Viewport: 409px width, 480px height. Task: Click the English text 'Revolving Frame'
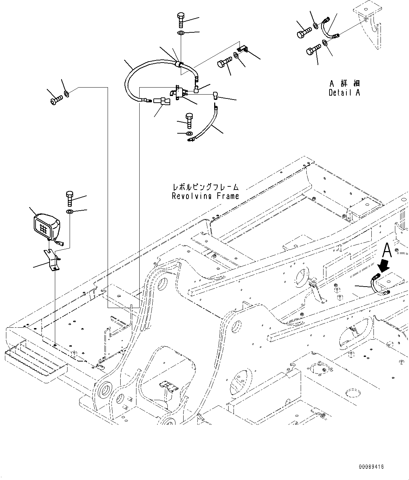point(205,196)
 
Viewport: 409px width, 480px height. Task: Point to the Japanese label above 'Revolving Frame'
point(205,187)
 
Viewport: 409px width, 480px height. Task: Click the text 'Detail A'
point(344,92)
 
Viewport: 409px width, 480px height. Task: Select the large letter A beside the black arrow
point(386,250)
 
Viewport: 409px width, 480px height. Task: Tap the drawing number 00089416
point(371,467)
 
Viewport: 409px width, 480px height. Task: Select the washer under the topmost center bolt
point(181,33)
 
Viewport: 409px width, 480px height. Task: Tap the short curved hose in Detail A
point(329,28)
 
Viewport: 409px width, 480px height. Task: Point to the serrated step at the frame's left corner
point(35,355)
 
